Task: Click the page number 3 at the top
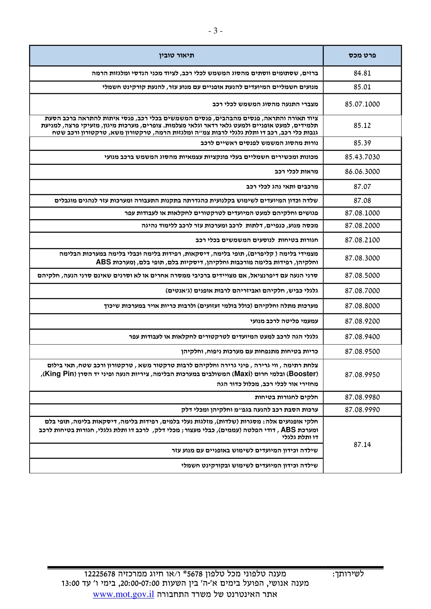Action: (x=215, y=31)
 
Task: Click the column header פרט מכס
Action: (x=362, y=55)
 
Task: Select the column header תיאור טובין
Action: (x=176, y=55)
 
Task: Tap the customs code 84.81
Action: (x=362, y=73)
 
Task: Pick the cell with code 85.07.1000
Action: (x=362, y=104)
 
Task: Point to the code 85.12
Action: (x=362, y=125)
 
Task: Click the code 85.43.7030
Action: (x=362, y=157)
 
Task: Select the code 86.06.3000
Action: (x=362, y=172)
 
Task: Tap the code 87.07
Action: (x=362, y=187)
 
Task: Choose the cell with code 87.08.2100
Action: (x=362, y=240)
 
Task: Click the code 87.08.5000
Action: (x=362, y=275)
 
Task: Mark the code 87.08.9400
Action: (x=362, y=337)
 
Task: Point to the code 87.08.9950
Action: (x=362, y=375)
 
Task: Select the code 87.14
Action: (x=362, y=444)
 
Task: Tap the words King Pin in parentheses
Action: (x=59, y=374)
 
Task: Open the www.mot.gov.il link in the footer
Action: (x=124, y=594)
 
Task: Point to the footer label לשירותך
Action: (x=348, y=574)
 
